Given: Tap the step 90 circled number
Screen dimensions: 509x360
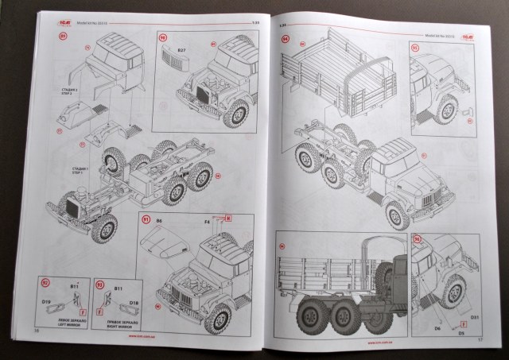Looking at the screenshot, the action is point(163,37).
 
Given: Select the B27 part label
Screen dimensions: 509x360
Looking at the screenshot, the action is point(182,51).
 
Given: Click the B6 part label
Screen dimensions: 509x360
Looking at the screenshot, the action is point(158,219).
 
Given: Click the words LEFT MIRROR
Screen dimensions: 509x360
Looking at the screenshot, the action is point(59,323).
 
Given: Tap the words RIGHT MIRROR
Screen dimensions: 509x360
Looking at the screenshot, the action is point(114,323).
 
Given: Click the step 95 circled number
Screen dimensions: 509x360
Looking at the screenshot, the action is point(415,48).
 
